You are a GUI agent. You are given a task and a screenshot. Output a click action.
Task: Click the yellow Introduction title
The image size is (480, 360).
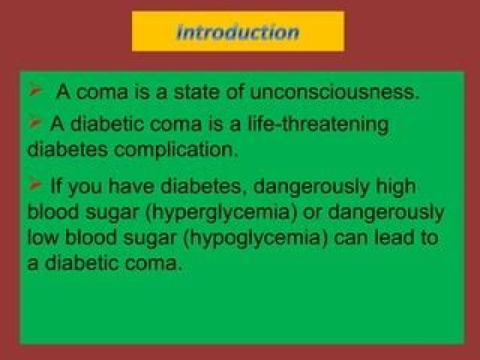click(238, 32)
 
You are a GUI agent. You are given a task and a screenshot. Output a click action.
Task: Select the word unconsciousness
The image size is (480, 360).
click(334, 91)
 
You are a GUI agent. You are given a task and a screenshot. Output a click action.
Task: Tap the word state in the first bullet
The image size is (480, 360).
click(196, 91)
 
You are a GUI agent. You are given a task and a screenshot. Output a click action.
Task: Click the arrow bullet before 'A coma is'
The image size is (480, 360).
click(35, 89)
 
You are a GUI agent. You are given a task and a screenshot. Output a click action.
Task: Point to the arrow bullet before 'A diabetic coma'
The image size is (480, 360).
click(35, 123)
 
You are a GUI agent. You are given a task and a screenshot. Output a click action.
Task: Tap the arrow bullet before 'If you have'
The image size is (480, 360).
click(35, 184)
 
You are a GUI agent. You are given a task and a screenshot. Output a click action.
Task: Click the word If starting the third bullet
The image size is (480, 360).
click(55, 185)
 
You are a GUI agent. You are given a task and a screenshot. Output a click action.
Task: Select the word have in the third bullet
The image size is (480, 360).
click(131, 185)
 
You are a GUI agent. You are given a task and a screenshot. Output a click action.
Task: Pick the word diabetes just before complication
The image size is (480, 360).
click(67, 149)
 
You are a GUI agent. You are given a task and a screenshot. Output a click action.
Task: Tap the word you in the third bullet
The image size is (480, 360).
click(85, 187)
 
